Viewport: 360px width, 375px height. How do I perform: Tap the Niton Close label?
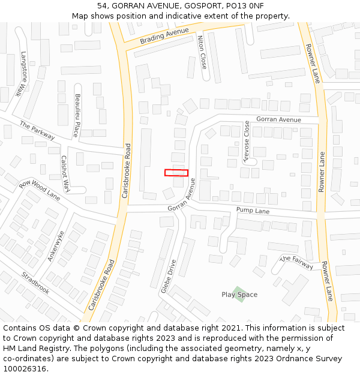(202, 52)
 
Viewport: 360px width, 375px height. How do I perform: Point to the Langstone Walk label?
(24, 74)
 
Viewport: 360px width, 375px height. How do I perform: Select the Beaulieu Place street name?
(76, 115)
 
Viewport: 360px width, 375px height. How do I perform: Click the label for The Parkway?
(37, 131)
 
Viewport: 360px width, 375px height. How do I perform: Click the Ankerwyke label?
(56, 245)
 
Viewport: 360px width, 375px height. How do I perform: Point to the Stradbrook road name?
(35, 283)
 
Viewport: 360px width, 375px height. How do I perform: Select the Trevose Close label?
(246, 140)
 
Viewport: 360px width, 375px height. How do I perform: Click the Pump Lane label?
(253, 211)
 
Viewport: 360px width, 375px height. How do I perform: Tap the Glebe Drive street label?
(169, 275)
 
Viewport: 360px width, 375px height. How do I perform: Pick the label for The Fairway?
(296, 262)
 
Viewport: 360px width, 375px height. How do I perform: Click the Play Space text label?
(239, 295)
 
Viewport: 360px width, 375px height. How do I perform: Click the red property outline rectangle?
(176, 173)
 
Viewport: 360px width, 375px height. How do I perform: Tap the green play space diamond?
(239, 293)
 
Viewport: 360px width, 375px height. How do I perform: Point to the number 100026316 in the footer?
(24, 368)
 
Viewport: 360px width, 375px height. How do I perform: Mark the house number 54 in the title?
(101, 6)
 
